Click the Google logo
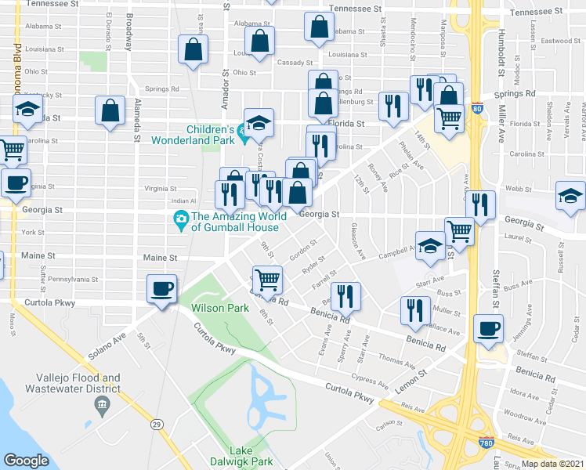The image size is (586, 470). point(27,460)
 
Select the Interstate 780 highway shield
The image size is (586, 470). point(486,444)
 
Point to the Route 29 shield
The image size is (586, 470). point(157,424)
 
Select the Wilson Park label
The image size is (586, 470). point(220,309)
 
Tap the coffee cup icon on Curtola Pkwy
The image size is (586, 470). point(162,289)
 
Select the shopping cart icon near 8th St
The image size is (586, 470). point(267,278)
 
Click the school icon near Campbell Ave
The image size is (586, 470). point(430,245)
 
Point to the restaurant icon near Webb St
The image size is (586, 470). point(481,204)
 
